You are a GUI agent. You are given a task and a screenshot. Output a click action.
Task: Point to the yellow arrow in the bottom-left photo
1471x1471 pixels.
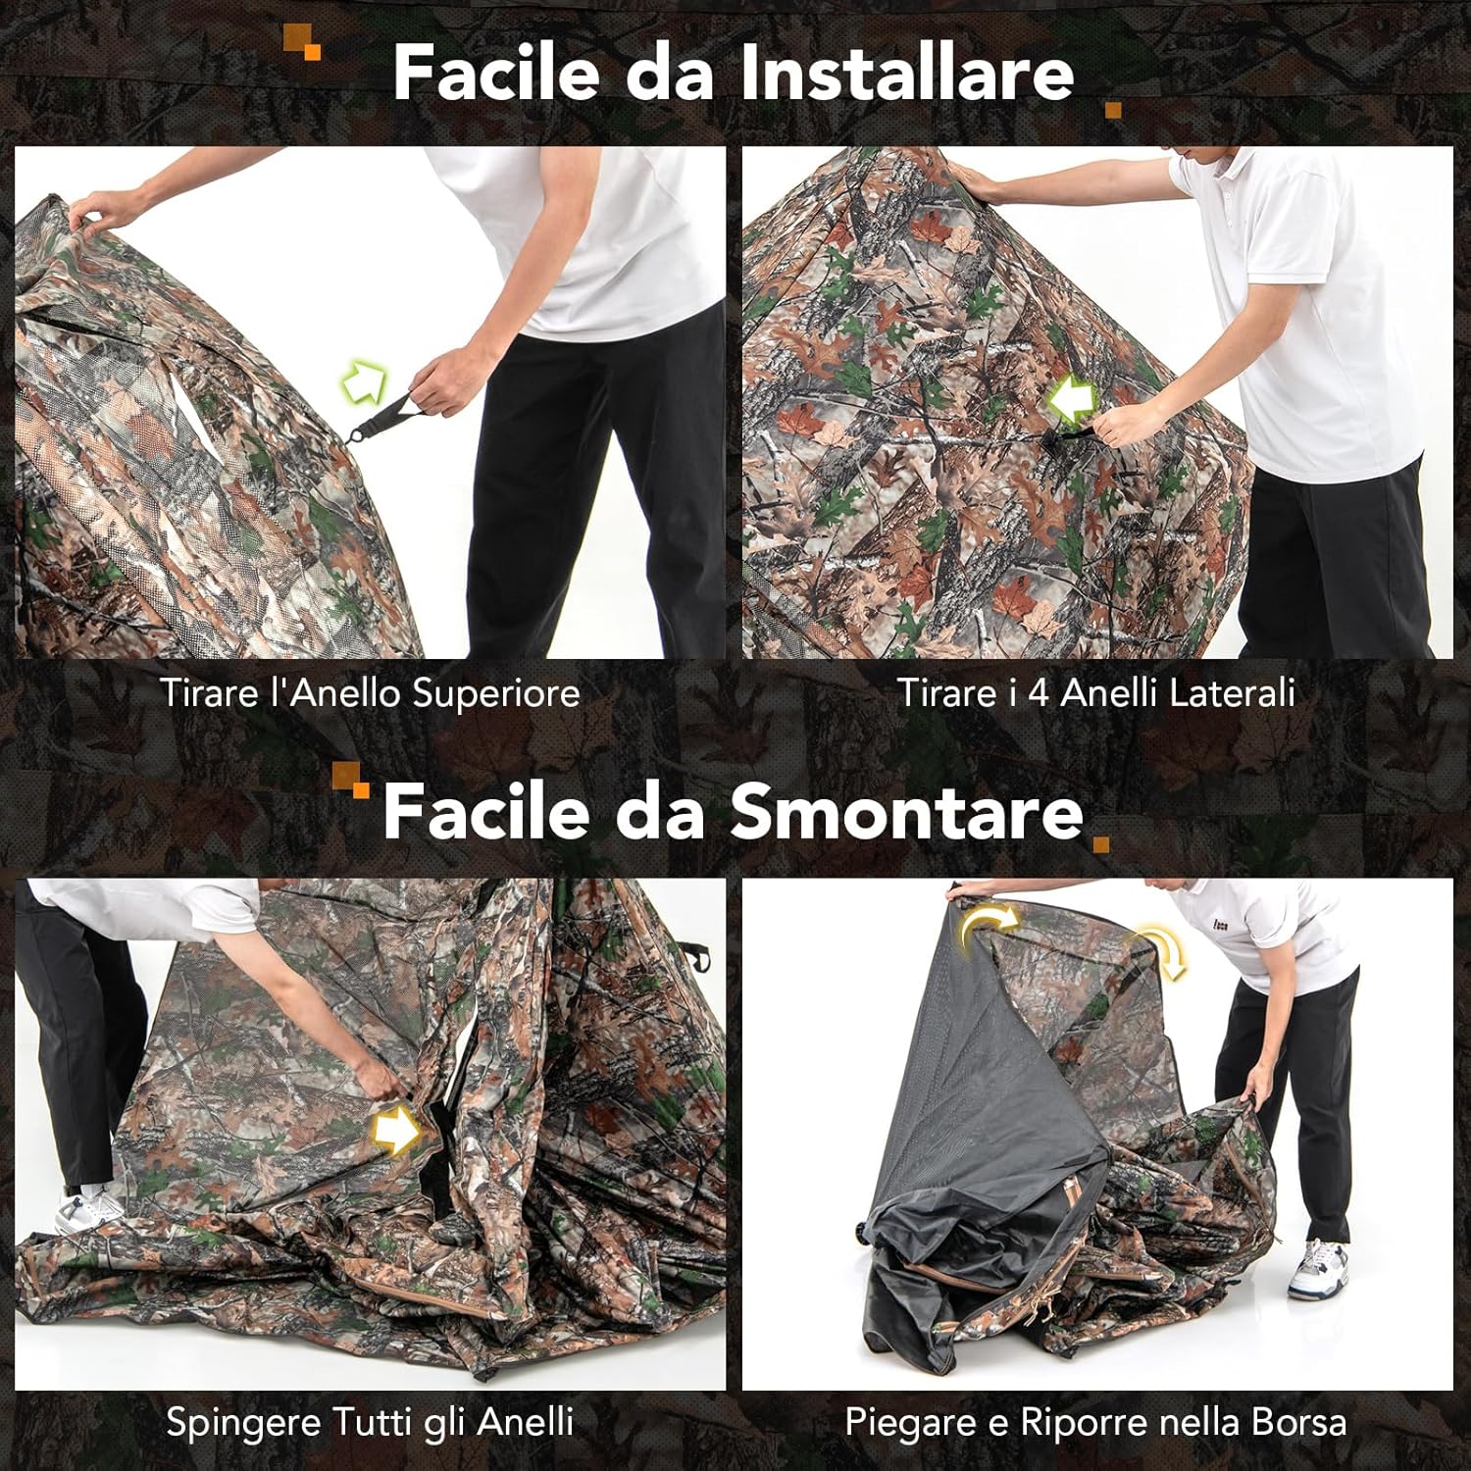click(396, 1131)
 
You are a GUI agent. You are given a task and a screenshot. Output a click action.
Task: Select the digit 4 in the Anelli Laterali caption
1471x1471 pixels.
click(1039, 693)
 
